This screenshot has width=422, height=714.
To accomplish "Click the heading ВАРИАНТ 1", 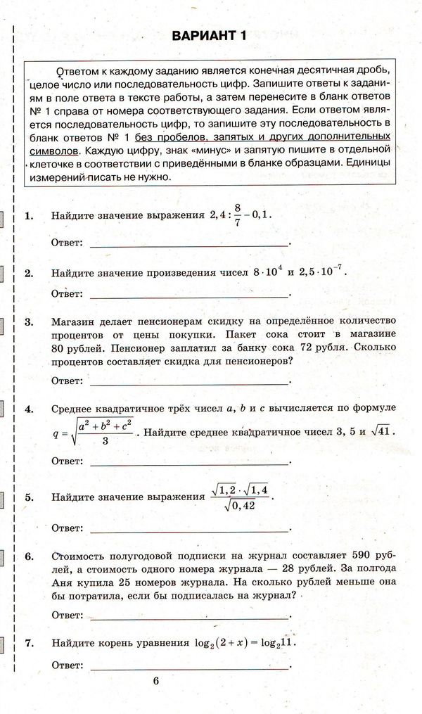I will pyautogui.click(x=210, y=37).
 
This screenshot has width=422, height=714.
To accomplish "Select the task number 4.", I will pyautogui.click(x=28, y=409).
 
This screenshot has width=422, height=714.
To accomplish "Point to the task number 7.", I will pyautogui.click(x=28, y=643).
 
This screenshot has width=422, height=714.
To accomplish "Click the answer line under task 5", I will pyautogui.click(x=190, y=528).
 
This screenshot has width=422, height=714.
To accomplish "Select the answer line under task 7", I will pyautogui.click(x=190, y=665).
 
